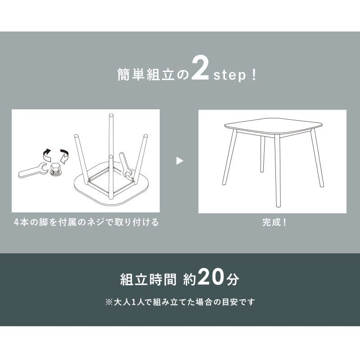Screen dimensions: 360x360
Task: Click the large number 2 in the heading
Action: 200,69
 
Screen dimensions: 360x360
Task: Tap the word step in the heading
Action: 229,75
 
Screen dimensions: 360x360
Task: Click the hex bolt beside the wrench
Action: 54,169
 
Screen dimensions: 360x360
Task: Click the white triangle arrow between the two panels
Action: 180,161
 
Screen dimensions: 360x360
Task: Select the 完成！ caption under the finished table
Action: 274,222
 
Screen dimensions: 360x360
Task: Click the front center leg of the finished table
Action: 278,171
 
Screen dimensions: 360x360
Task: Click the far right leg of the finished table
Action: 317,158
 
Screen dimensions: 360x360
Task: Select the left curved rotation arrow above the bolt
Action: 47,154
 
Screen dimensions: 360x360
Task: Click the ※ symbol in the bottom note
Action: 108,302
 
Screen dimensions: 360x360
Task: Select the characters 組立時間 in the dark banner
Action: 148,279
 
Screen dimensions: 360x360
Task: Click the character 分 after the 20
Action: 232,279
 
